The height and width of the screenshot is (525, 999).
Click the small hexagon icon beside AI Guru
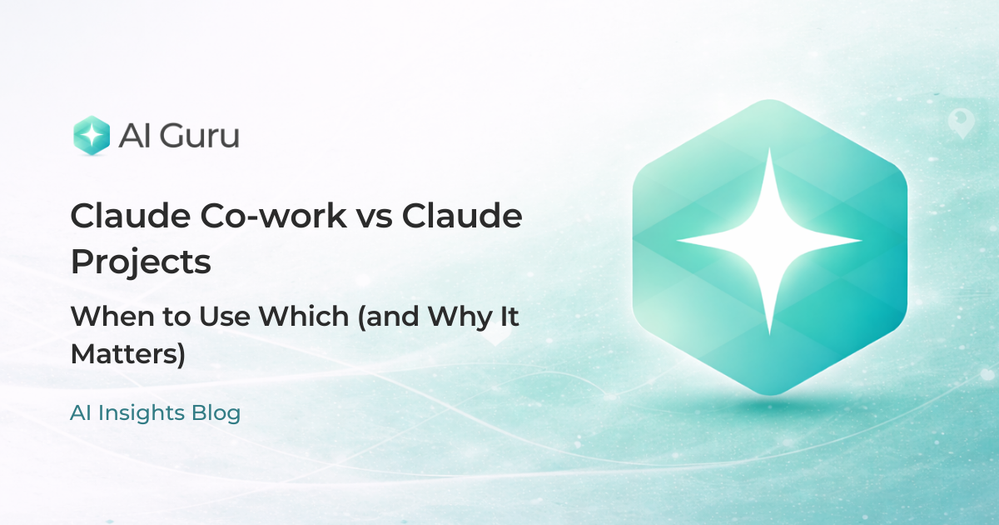tap(92, 135)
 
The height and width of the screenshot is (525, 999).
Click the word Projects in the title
tap(140, 262)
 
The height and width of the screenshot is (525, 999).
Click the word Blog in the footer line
tap(218, 413)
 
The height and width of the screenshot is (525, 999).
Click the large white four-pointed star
tap(769, 242)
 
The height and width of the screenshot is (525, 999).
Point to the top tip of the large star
tap(769, 152)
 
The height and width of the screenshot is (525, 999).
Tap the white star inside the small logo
tap(92, 135)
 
